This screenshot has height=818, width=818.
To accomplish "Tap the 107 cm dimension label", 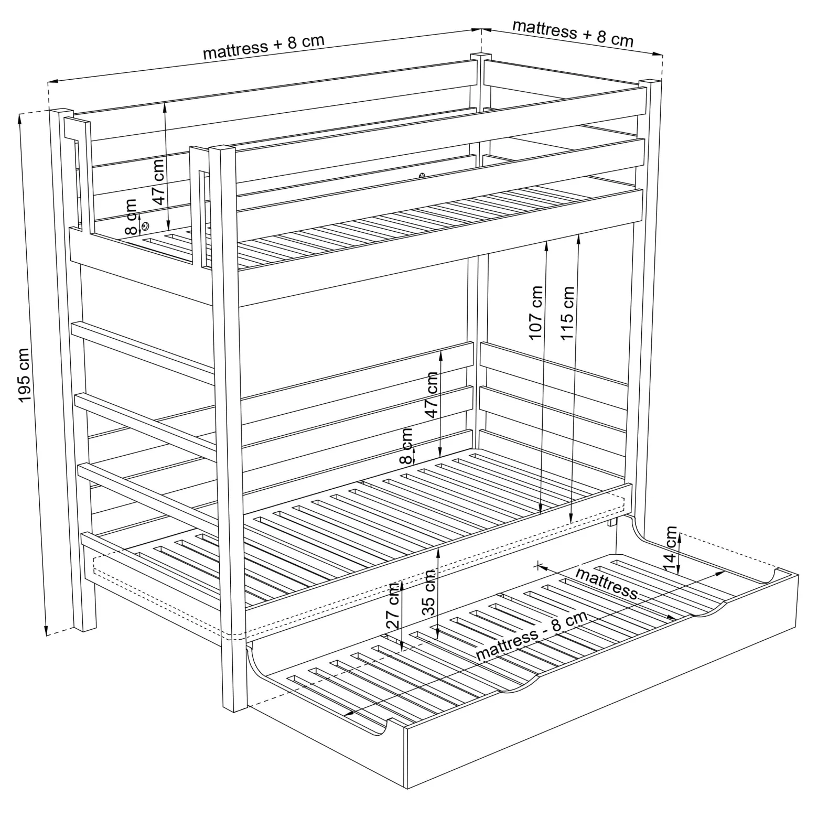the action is click(x=536, y=313).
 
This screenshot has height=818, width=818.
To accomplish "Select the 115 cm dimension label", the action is click(x=567, y=313).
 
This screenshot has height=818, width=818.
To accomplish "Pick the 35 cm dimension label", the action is click(x=428, y=593).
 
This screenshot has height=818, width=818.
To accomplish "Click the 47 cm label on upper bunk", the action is click(x=159, y=182).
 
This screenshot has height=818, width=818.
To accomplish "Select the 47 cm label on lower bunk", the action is click(x=432, y=394).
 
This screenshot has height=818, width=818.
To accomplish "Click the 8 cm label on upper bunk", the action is click(x=131, y=217).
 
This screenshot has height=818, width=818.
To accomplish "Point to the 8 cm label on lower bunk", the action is click(x=406, y=446).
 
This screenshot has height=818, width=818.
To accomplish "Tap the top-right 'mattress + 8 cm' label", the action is click(x=573, y=33).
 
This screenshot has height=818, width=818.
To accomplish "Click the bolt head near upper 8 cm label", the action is click(x=145, y=226).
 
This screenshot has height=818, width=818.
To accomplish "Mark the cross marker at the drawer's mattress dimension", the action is click(x=538, y=565).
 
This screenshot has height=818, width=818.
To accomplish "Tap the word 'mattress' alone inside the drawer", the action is click(x=607, y=583).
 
